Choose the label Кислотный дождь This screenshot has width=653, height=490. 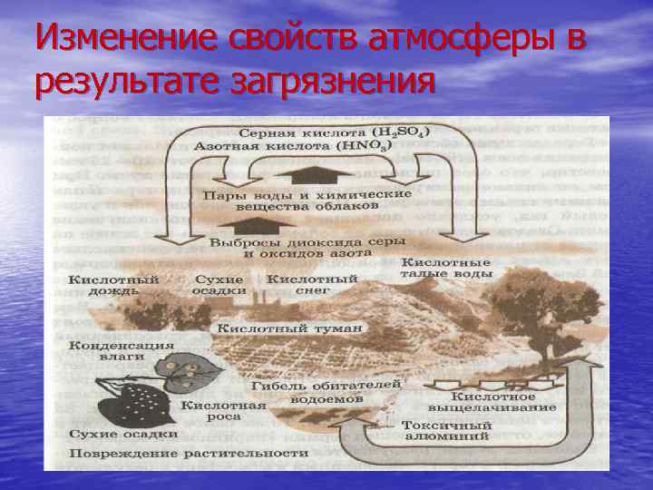pos(113,285)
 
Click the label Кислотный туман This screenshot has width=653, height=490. pos(287,328)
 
